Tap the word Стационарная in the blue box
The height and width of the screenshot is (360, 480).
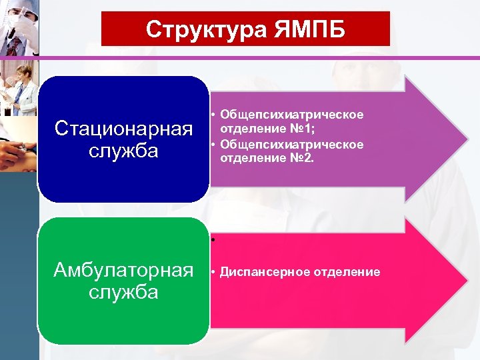click(123, 127)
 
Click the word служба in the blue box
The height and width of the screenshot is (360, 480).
click(123, 150)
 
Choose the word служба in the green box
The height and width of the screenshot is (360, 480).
click(123, 292)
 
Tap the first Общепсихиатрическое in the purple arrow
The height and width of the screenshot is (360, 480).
click(291, 115)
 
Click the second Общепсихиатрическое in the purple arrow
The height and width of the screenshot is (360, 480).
click(291, 145)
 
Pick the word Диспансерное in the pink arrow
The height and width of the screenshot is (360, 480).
click(258, 272)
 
